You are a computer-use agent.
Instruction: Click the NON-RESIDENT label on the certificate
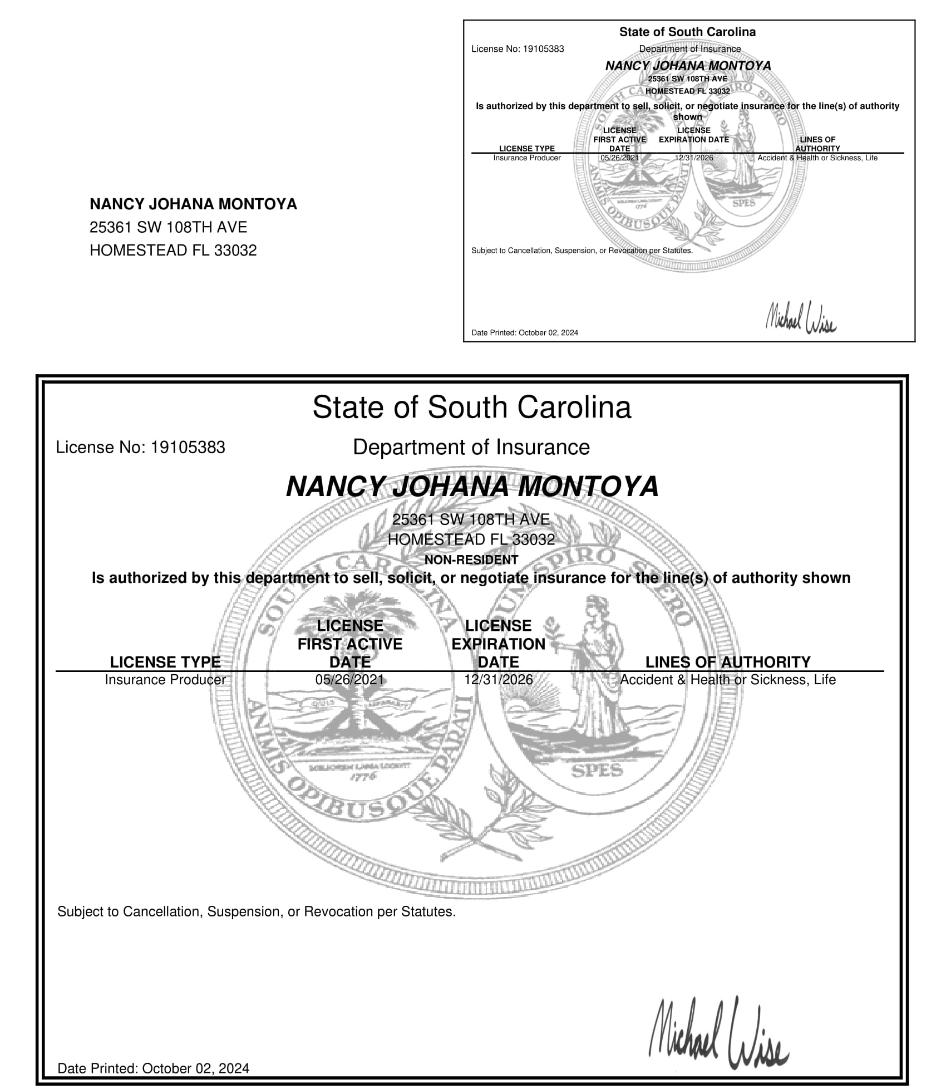pos(471,560)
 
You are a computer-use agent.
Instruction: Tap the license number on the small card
pos(518,49)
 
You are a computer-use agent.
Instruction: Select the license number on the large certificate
pos(141,448)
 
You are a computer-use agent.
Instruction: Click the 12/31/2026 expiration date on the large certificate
pos(498,680)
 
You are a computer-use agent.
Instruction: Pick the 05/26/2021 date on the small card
pos(619,158)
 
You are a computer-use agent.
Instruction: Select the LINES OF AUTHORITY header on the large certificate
pos(727,662)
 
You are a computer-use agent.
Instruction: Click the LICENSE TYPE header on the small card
pos(526,149)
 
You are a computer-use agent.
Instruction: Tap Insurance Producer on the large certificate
pos(165,680)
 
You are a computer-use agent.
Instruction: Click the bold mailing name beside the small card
pos(193,204)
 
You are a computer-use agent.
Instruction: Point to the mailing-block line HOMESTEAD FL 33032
pos(173,251)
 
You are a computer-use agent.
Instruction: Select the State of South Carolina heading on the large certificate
pos(471,407)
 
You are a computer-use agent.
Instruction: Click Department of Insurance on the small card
pos(689,49)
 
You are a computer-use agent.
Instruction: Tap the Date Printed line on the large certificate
pos(154,1068)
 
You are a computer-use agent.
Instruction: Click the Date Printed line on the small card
pos(524,333)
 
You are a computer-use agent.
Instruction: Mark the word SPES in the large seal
pos(597,771)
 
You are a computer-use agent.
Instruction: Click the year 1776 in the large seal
pos(363,776)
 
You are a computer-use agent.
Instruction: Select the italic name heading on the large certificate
pos(472,487)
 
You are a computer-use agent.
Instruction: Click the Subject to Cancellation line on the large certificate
pos(257,912)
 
